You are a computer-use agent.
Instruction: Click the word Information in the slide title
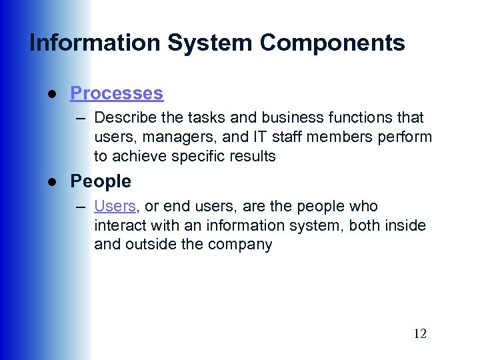pos(95,43)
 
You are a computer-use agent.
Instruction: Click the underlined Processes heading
pos(117,93)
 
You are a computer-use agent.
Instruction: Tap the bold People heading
pos(101,181)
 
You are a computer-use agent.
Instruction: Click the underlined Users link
pos(115,207)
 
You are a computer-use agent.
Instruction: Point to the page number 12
pos(419,333)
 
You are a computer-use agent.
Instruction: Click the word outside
pos(147,245)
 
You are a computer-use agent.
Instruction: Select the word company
pos(239,245)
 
